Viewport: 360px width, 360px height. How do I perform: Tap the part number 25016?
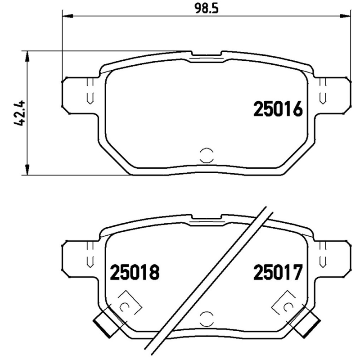[277, 109]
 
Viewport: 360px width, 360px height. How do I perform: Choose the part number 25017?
[277, 272]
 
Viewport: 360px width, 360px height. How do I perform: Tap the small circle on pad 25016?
[207, 154]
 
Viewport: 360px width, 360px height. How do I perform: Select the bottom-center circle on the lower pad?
[207, 318]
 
